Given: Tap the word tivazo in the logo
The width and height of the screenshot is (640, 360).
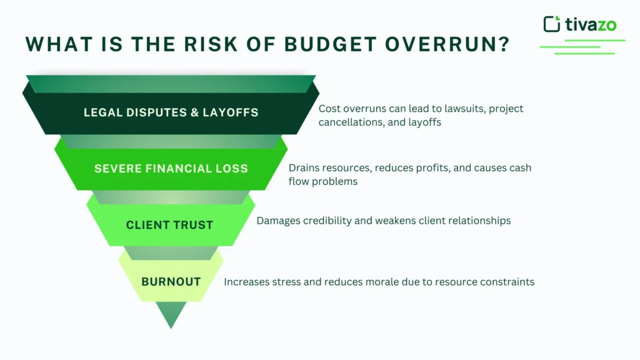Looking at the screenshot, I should (x=591, y=24).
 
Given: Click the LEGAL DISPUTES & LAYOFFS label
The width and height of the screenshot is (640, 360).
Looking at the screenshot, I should (x=171, y=112).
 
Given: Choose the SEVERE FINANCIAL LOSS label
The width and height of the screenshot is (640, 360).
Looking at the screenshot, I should (x=171, y=168).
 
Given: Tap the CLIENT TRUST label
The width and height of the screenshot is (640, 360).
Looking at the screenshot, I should (x=169, y=225).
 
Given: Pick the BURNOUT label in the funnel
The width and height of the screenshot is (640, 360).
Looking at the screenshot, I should (x=171, y=281).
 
